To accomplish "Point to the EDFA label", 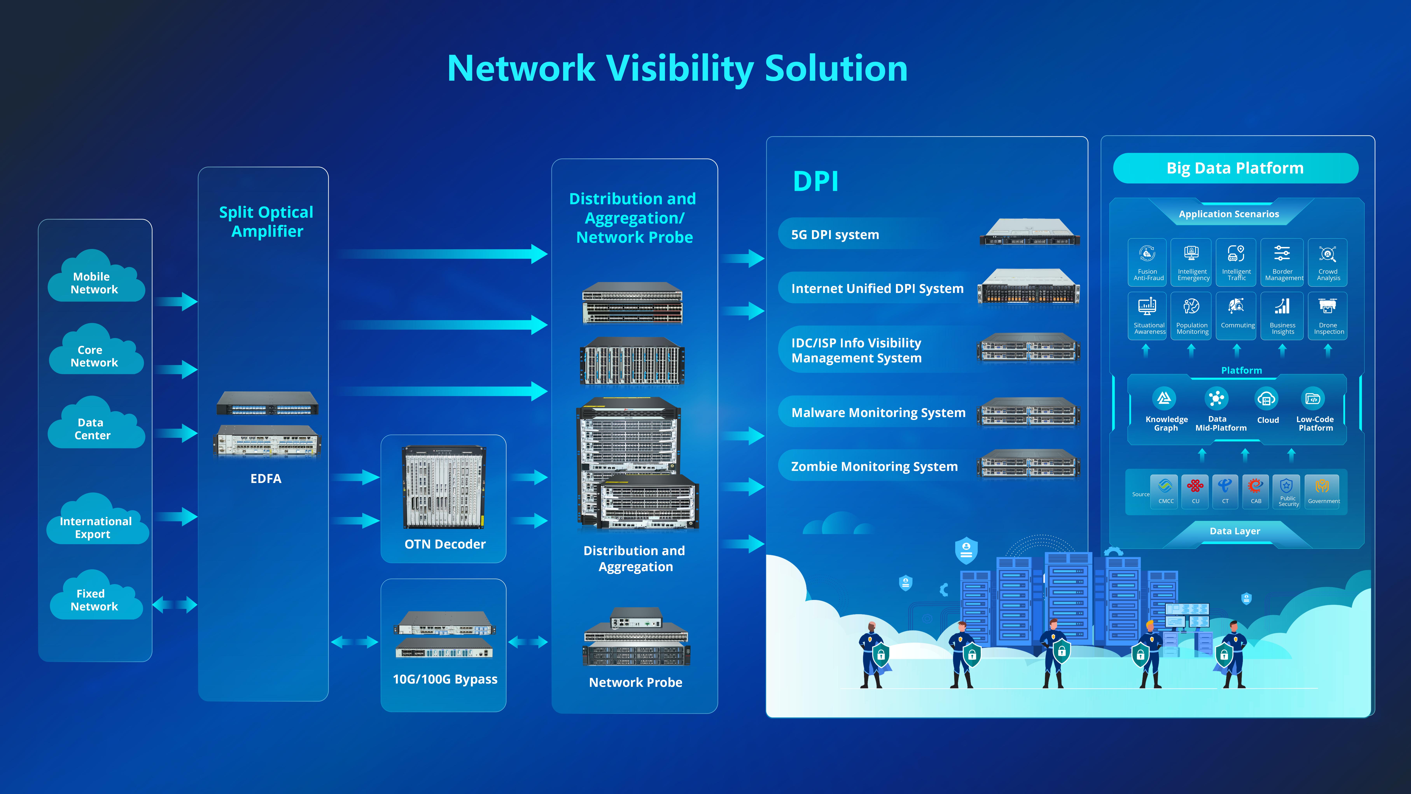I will (x=266, y=478).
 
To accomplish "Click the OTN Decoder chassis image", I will (x=444, y=487).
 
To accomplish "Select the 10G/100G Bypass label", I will (x=445, y=679).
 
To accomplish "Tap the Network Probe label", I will (x=635, y=682).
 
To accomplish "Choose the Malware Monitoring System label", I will (x=878, y=413).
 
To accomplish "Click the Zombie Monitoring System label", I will (x=874, y=466).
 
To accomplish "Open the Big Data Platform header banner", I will (x=1235, y=168).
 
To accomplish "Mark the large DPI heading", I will (x=816, y=181).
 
